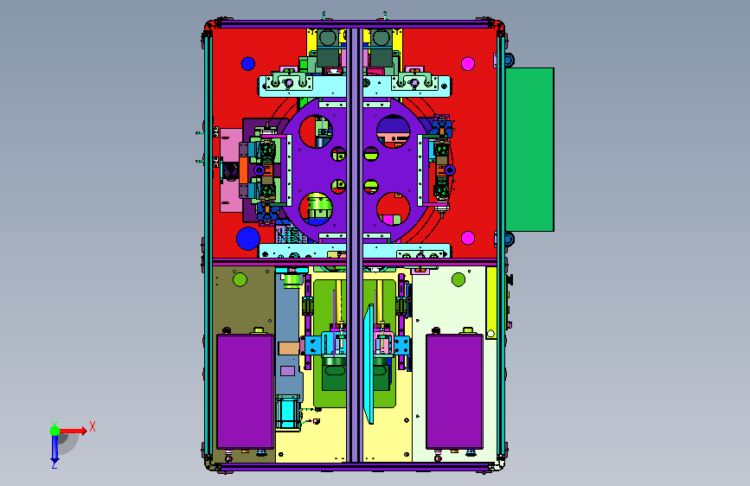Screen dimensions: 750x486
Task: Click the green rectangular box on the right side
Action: [529, 150]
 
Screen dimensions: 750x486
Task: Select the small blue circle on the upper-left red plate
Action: [247, 64]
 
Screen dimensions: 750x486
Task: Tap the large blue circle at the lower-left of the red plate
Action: [248, 238]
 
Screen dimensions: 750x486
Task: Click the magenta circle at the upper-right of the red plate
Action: [468, 64]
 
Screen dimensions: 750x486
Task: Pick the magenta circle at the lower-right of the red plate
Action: [468, 238]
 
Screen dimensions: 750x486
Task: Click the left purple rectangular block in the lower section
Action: [246, 391]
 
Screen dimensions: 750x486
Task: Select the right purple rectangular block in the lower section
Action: [454, 391]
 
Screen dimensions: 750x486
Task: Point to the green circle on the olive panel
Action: [240, 279]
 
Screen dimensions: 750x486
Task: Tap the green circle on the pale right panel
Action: [458, 279]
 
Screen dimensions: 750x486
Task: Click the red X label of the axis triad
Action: [93, 426]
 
